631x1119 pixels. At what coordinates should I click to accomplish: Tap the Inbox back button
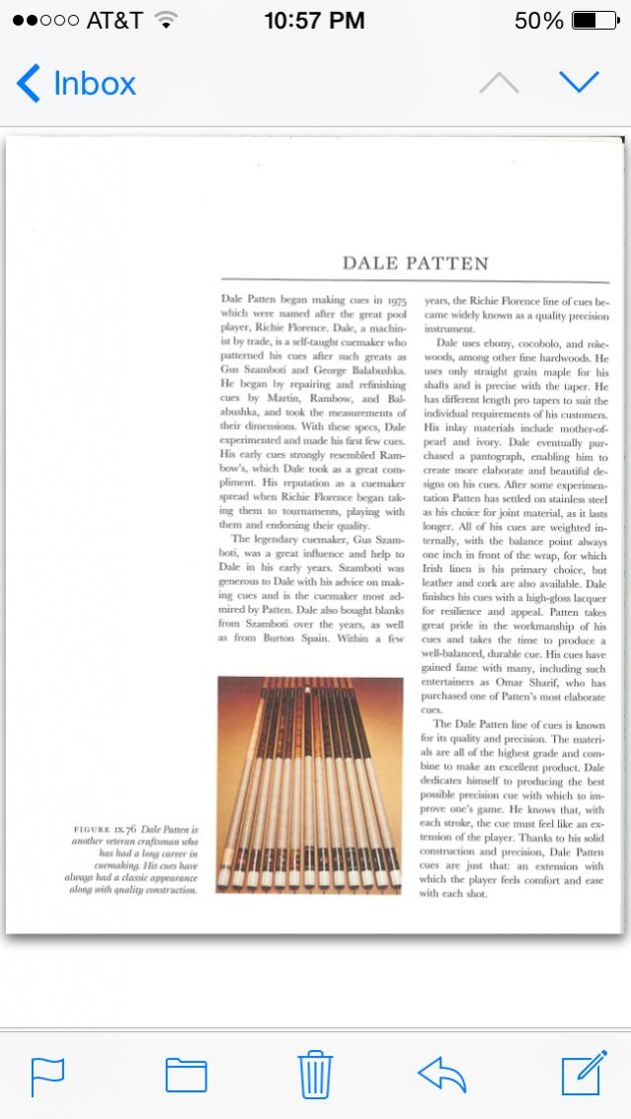pyautogui.click(x=76, y=84)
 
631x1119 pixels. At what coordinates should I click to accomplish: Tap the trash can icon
pyautogui.click(x=315, y=1074)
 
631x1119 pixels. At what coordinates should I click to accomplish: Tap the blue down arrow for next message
pyautogui.click(x=580, y=83)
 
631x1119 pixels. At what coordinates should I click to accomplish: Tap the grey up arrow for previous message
pyautogui.click(x=499, y=83)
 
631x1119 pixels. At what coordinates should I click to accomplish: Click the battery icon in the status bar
pyautogui.click(x=596, y=20)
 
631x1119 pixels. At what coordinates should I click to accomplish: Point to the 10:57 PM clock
pyautogui.click(x=315, y=20)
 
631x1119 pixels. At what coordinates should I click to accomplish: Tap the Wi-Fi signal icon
pyautogui.click(x=166, y=20)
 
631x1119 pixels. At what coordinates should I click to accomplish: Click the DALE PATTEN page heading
pyautogui.click(x=415, y=263)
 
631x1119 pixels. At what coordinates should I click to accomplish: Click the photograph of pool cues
pyautogui.click(x=309, y=784)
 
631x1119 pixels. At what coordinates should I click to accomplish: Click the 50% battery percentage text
pyautogui.click(x=538, y=20)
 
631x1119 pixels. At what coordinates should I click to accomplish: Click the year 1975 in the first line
pyautogui.click(x=397, y=296)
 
